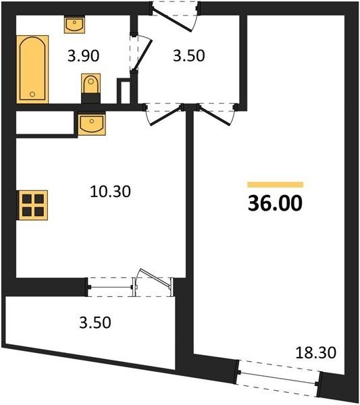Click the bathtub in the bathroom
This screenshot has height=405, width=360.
tap(32, 70)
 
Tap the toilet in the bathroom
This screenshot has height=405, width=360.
tap(91, 88)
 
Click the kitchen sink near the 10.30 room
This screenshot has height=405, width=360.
tap(92, 124)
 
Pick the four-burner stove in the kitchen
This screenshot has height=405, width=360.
tap(32, 205)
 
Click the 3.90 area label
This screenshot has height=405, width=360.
tap(83, 56)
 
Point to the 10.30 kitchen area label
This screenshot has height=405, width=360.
tap(110, 192)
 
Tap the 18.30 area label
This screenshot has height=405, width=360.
tap(316, 352)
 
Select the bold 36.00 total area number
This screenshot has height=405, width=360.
tap(275, 203)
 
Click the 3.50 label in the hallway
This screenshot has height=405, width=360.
tap(189, 56)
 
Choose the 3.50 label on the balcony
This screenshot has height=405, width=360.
tap(95, 323)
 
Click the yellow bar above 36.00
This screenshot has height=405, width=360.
tap(275, 184)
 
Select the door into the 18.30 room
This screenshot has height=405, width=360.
tap(215, 115)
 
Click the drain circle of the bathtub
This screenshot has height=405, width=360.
tap(32, 94)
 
